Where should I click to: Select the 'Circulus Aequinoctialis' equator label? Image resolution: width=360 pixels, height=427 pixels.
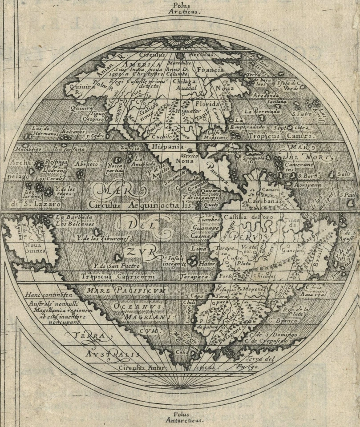coord(142,205)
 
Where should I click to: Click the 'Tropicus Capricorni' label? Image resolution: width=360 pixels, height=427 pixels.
coord(118,276)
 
